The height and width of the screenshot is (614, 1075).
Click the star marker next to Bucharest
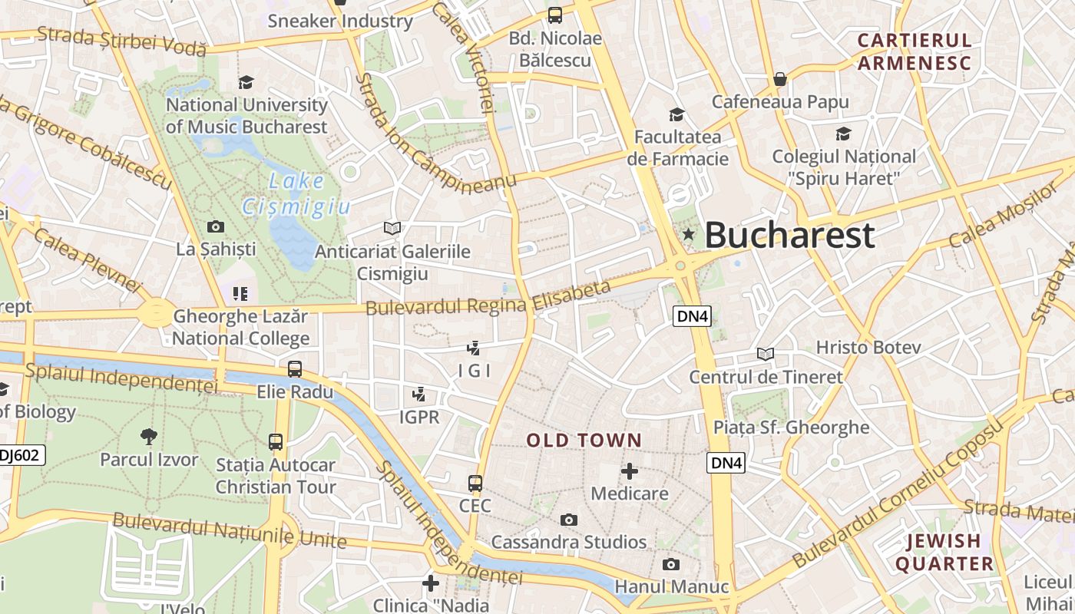(x=689, y=235)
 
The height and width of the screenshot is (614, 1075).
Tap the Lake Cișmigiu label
(x=297, y=193)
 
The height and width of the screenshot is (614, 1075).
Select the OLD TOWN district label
(x=584, y=441)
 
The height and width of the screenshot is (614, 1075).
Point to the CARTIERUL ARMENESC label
(x=915, y=51)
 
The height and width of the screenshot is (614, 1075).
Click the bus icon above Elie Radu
(x=295, y=369)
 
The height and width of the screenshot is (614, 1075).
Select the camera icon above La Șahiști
(x=216, y=226)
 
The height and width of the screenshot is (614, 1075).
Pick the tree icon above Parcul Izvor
(x=149, y=437)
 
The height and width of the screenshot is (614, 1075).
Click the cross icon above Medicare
(x=630, y=470)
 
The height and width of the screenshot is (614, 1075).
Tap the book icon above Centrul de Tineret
(x=766, y=354)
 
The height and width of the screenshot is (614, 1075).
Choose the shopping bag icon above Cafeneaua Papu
(x=780, y=79)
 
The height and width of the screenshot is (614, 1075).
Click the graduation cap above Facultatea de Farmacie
(x=676, y=114)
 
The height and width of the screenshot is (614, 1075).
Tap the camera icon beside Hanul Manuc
(x=671, y=565)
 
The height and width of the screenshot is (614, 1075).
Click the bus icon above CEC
(x=475, y=484)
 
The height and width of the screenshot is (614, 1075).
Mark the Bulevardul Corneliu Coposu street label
(x=898, y=495)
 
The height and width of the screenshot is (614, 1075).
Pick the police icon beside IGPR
(x=419, y=395)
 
